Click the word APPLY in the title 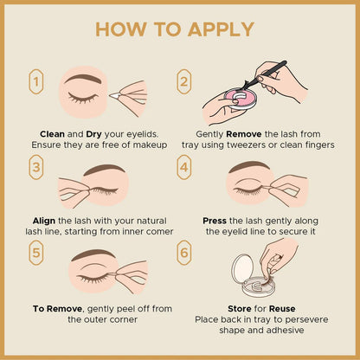click(221, 29)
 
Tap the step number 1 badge click(36, 81)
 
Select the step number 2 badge click(184, 81)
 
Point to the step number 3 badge click(36, 167)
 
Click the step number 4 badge click(184, 167)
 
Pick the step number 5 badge click(36, 253)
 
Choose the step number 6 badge click(184, 253)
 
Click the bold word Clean click(52, 134)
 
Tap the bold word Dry click(93, 135)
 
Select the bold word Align click(44, 222)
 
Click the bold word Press click(215, 221)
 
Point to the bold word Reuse click(282, 309)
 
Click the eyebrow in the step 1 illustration click(83, 79)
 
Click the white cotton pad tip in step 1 click(115, 95)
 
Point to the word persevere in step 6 click(306, 320)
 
